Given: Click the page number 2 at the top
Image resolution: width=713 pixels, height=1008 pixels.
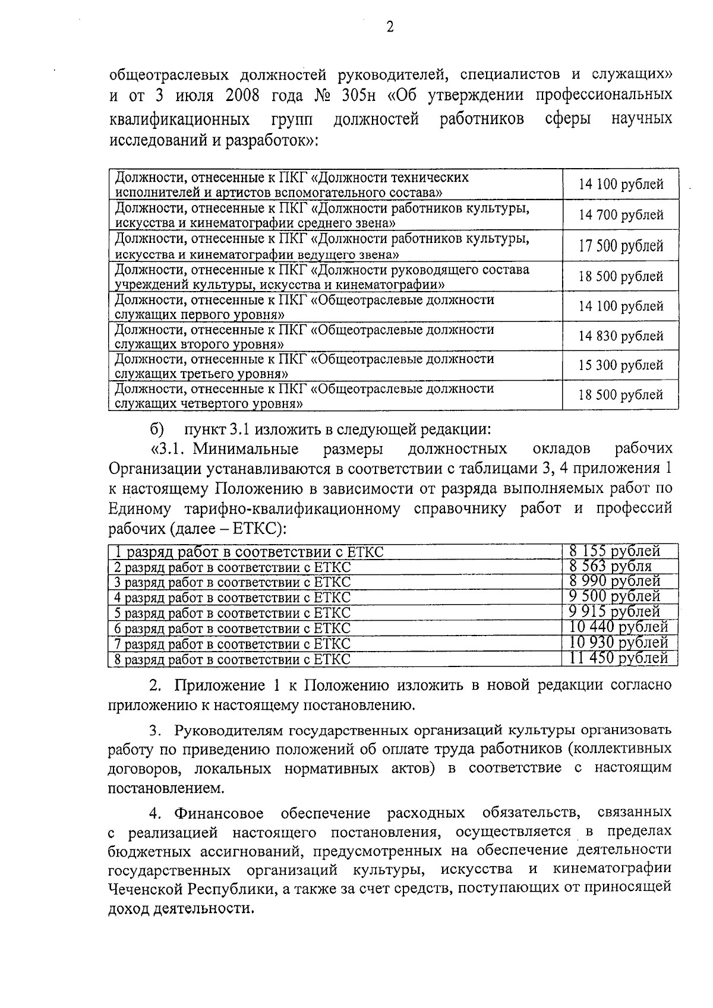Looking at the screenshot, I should (x=390, y=27).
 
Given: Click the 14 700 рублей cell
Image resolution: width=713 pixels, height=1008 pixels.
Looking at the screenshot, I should (x=621, y=215).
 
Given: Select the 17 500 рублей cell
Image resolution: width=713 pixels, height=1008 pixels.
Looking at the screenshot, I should (x=621, y=246).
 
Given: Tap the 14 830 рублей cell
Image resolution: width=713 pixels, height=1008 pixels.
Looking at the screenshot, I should (x=621, y=337).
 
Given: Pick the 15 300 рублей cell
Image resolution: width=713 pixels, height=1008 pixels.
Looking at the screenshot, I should (x=621, y=365).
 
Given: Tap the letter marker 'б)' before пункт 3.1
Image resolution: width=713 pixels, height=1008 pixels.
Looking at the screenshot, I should (x=156, y=429).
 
